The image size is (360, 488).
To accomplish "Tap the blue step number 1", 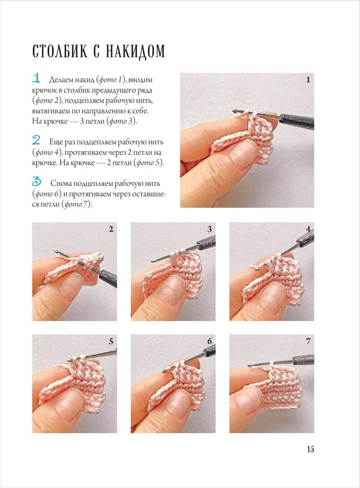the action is tap(36, 78).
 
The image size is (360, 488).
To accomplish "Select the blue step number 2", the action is tap(36, 140).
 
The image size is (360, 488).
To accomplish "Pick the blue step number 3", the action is tap(36, 181).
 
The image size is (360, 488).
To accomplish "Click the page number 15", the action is tap(310, 449).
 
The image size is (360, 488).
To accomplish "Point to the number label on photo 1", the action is tap(308, 80).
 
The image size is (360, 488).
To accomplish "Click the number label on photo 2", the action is tap(111, 229).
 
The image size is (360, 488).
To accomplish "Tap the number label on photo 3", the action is tap(209, 229).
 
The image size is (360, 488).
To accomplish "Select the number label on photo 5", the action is tap(111, 341).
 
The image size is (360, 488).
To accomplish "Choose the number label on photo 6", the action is tap(209, 341).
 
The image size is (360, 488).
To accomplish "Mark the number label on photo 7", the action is tap(308, 341).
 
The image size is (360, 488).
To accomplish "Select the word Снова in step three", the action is tap(62, 183).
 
